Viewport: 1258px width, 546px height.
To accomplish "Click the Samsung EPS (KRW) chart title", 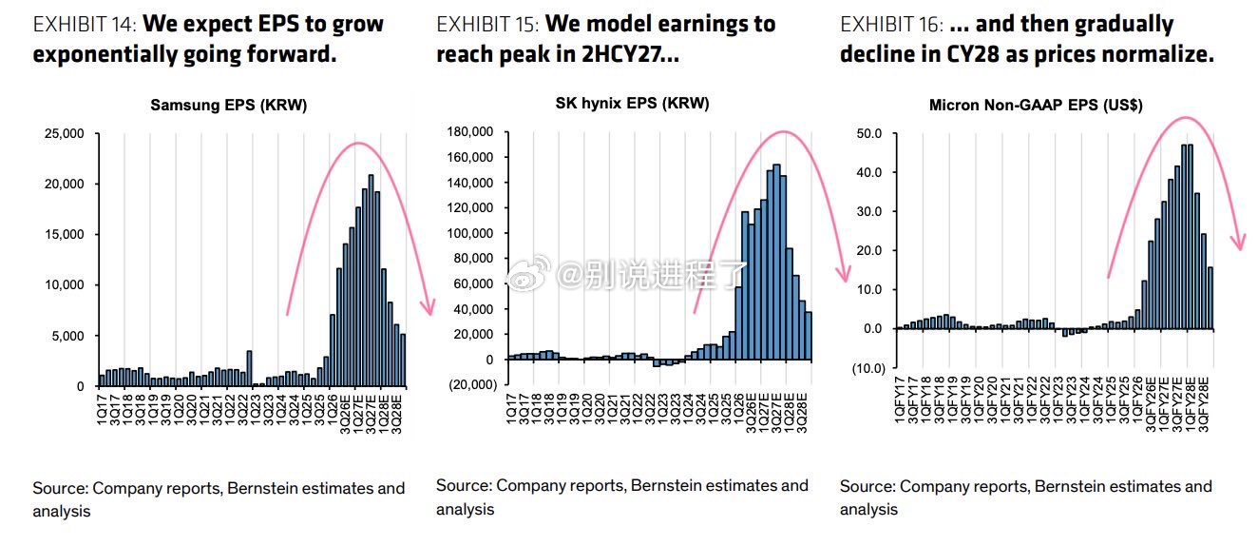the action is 229,106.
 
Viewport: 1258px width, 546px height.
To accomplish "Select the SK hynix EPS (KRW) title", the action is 633,104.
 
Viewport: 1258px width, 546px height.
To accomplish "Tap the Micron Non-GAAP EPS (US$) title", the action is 1036,106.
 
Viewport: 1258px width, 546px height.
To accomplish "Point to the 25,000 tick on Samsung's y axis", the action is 64,134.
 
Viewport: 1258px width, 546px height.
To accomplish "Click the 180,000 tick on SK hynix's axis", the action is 470,131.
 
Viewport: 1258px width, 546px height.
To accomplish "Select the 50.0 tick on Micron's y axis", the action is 868,134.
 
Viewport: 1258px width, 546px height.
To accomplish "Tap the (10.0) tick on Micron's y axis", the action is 868,368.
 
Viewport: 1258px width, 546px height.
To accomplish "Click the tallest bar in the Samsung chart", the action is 371,281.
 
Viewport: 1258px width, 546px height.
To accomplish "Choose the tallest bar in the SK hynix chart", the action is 776,262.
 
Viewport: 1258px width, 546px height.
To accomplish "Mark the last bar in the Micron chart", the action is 1210,298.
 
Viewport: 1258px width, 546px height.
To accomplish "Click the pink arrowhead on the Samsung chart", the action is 429,307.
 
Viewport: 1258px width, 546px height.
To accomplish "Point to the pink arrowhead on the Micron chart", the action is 1238,242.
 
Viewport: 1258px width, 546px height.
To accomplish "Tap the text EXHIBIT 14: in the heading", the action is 85,24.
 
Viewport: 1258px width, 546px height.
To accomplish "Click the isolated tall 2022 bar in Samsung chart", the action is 249,369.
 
